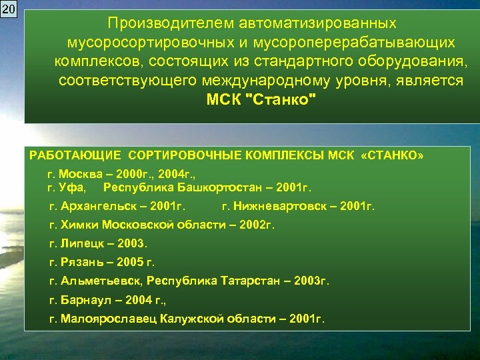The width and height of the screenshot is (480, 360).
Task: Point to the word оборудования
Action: click(x=414, y=62)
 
